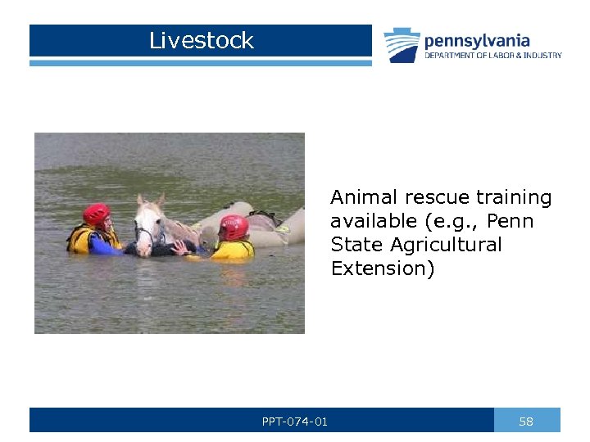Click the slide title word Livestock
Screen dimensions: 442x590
click(202, 40)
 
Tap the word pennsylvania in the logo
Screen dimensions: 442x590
click(477, 40)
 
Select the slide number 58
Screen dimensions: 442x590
click(526, 422)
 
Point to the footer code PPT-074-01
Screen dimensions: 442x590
click(295, 422)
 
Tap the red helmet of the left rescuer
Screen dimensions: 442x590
click(96, 214)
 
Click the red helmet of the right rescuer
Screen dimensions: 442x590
click(234, 227)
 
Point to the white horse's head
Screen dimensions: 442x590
click(148, 225)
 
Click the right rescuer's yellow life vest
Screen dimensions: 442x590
click(234, 250)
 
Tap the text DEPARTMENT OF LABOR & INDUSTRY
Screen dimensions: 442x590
click(492, 56)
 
